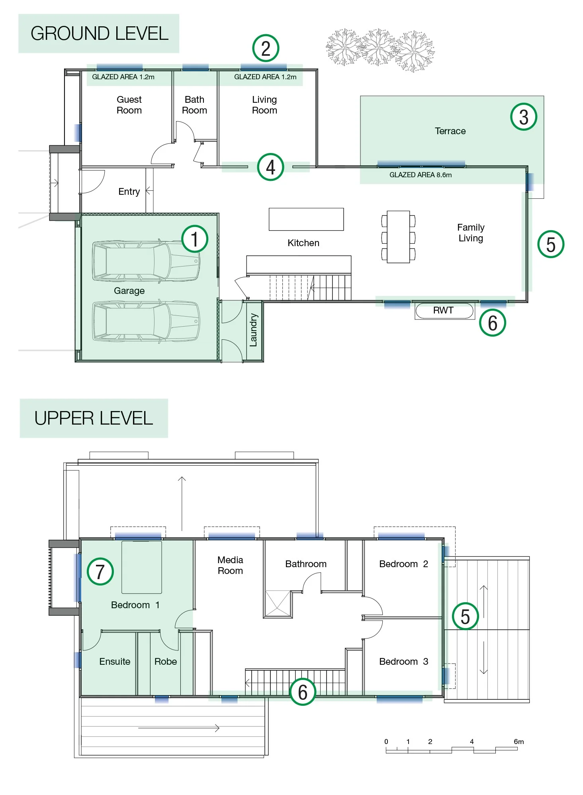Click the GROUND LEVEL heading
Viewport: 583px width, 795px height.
pyautogui.click(x=99, y=33)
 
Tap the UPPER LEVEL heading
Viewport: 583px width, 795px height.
pyautogui.click(x=94, y=418)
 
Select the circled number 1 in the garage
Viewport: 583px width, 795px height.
pyautogui.click(x=195, y=239)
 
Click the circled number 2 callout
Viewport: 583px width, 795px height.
pyautogui.click(x=266, y=48)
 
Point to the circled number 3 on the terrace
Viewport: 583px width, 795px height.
pyautogui.click(x=524, y=117)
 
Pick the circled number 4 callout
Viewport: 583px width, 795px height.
pyautogui.click(x=270, y=167)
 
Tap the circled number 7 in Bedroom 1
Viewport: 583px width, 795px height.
pyautogui.click(x=100, y=571)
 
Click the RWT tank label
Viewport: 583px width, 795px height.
pyautogui.click(x=443, y=310)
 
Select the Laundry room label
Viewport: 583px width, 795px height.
pyautogui.click(x=253, y=330)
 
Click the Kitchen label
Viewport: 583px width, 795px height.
pyautogui.click(x=303, y=243)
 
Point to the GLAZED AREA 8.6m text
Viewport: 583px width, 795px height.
pyautogui.click(x=421, y=175)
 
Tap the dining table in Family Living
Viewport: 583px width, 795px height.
pyautogui.click(x=398, y=237)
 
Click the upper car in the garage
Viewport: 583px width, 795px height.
pyautogui.click(x=146, y=261)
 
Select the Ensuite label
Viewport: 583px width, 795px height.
pyautogui.click(x=115, y=662)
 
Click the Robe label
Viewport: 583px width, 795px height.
pyautogui.click(x=166, y=662)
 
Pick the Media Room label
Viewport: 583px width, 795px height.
pyautogui.click(x=230, y=565)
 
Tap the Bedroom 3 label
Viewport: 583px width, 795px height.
pyautogui.click(x=403, y=662)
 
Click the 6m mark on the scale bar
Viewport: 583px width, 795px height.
pyautogui.click(x=518, y=742)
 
